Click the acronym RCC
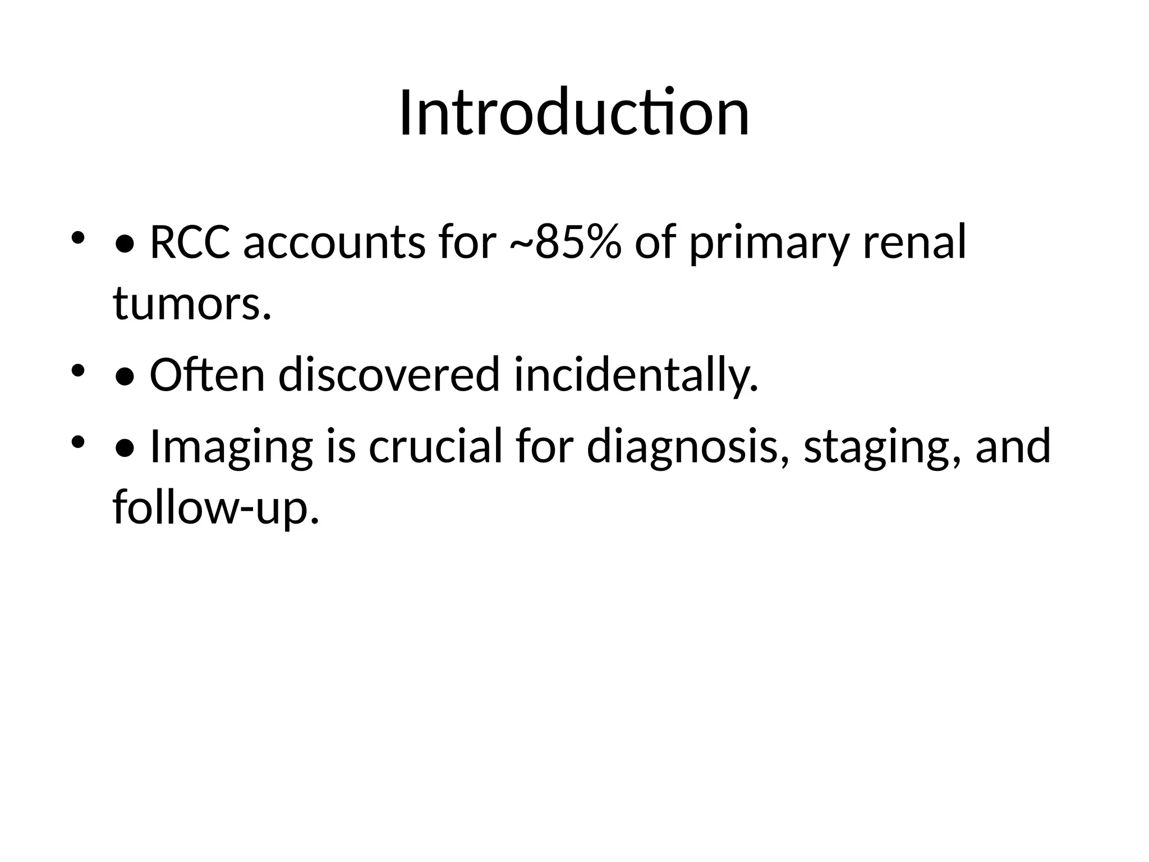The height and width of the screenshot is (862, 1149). click(190, 242)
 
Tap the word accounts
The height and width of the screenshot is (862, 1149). click(334, 242)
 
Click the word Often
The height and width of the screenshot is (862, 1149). click(207, 375)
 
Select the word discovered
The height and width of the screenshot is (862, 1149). click(389, 375)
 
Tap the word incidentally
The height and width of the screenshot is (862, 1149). click(636, 375)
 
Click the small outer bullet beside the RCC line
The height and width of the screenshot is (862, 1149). click(77, 238)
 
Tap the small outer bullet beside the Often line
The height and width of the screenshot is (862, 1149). click(77, 370)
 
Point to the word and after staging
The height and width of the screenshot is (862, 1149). click(1013, 446)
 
